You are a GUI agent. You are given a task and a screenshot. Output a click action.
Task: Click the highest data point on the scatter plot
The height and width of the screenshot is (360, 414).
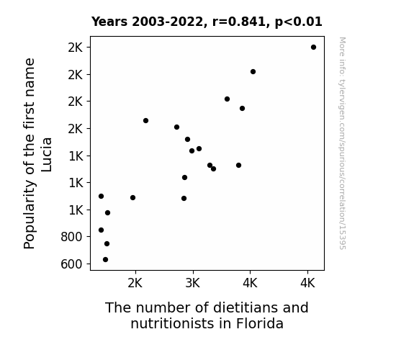313,48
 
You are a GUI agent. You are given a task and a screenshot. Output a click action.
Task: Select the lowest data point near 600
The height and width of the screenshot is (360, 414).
105,260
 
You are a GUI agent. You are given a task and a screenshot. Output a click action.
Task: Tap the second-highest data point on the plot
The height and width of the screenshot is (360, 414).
253,71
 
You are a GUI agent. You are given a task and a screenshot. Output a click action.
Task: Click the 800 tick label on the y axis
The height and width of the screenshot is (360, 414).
71,237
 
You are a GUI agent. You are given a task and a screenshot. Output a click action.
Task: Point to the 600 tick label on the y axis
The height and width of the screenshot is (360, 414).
71,264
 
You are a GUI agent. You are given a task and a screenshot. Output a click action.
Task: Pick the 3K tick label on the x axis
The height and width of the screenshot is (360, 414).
193,283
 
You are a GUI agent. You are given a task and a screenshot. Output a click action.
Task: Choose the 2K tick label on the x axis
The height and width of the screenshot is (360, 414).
135,283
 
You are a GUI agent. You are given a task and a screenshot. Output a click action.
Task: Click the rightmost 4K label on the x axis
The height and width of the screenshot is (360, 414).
307,283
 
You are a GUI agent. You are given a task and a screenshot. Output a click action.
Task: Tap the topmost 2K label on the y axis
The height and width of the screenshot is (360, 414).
76,48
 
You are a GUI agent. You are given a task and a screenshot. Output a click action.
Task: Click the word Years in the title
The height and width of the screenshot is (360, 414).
109,22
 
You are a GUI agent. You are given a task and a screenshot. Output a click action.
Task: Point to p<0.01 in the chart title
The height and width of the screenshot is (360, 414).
298,22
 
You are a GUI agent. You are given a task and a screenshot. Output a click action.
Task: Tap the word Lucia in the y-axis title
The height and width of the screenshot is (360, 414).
47,155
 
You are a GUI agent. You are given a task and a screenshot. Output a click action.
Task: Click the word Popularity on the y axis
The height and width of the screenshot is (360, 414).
30,215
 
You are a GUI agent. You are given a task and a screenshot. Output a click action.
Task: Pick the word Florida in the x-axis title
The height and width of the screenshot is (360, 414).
260,323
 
